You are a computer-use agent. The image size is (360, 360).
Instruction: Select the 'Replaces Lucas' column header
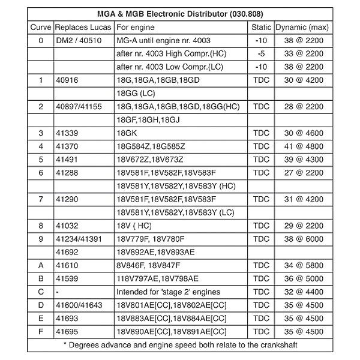pos(82,28)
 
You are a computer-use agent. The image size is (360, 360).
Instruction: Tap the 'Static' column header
pos(260,28)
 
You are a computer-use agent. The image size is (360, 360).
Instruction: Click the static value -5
pos(260,54)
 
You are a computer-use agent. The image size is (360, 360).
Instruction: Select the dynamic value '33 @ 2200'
pos(303,54)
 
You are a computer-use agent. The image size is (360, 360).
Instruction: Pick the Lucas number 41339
pos(67,133)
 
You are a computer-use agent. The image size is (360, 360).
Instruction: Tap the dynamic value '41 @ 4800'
pos(303,146)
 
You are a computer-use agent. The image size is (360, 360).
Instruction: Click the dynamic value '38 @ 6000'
pos(303,238)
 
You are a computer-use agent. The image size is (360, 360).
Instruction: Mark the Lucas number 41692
pos(67,251)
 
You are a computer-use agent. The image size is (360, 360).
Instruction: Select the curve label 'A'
pos(41,265)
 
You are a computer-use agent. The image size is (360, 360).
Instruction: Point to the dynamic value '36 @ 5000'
pos(303,278)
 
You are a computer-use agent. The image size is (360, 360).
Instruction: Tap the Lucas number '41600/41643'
pos(80,305)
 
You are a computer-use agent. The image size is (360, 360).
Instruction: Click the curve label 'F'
pos(41,331)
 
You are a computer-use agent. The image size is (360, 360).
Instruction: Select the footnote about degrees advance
pos(180,344)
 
